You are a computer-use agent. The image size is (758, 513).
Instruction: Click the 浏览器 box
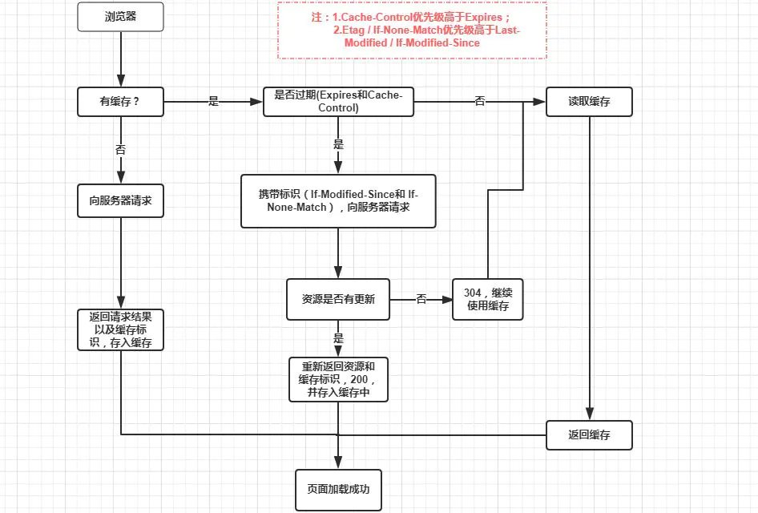click(120, 17)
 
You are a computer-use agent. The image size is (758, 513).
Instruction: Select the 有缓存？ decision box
click(120, 102)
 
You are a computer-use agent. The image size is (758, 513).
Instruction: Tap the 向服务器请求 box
click(120, 200)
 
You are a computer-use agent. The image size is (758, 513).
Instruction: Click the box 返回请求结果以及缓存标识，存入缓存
click(120, 329)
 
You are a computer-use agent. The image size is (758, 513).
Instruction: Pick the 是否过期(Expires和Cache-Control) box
click(338, 102)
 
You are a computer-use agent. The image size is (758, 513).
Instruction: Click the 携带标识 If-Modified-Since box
click(338, 201)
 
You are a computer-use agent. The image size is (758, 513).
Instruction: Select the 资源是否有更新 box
click(338, 299)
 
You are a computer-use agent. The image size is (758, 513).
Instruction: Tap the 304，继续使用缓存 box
click(488, 299)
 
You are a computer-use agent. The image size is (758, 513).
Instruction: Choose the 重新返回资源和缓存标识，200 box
click(338, 380)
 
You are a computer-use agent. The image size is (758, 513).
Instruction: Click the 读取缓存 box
click(589, 102)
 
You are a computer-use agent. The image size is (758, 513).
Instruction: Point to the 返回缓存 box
click(589, 435)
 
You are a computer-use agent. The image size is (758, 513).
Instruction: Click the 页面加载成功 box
click(338, 490)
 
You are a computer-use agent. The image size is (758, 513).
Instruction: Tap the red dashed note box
click(413, 30)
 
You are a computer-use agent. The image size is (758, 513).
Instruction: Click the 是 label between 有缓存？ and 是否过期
click(214, 101)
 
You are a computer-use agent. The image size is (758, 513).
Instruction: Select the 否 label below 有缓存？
click(120, 150)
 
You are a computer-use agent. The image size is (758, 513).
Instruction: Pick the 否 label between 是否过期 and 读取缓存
click(479, 101)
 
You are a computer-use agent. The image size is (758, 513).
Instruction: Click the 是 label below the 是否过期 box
click(338, 144)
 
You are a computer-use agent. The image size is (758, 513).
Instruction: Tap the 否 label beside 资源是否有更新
click(421, 299)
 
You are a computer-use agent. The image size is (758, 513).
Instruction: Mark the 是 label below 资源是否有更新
click(338, 338)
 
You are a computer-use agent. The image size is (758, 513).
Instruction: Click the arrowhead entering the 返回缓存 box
click(589, 414)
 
